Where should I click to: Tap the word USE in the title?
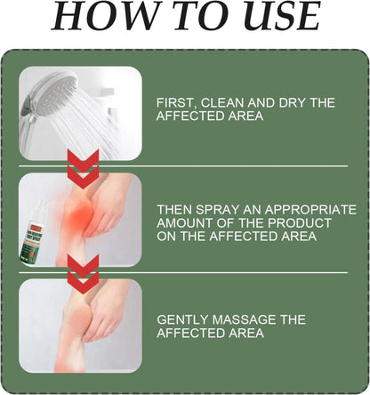coord(277,20)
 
